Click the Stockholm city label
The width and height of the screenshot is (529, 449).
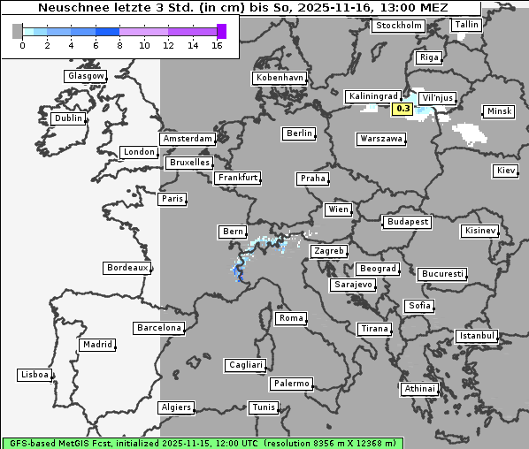coord(397,26)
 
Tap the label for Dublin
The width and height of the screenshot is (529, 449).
coord(68,118)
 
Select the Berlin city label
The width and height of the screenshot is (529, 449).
coord(299,133)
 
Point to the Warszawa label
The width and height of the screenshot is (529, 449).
coord(381,139)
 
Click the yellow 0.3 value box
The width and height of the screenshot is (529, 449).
coord(402,109)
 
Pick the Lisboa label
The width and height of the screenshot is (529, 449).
coord(34,375)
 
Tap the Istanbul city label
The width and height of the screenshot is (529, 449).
coord(477,337)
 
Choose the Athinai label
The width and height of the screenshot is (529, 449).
coord(419,389)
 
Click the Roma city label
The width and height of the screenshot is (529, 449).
coord(291,318)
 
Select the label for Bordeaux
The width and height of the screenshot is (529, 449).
coord(126,267)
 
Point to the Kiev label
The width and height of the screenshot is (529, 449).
coord(506,170)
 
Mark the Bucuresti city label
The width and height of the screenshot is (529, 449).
coord(441,274)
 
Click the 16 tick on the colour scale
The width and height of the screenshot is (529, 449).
coord(217,45)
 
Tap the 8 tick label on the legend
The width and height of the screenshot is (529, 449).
coord(119,45)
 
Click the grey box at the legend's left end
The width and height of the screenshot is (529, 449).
coord(17,31)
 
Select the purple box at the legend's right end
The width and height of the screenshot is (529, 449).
coord(221,31)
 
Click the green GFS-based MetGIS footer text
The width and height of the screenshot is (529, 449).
coord(202,442)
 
